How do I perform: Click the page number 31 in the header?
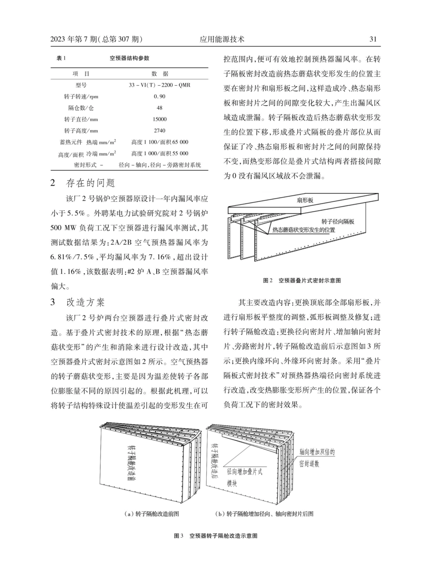372,39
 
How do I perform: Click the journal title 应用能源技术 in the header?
222,39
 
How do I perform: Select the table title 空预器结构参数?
130,58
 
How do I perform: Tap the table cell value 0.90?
160,96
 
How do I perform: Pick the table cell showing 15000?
160,119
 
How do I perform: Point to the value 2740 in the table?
160,131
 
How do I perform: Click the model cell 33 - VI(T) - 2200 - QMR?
160,85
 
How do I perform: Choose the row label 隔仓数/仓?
81,108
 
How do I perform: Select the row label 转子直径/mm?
81,119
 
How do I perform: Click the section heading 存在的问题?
91,183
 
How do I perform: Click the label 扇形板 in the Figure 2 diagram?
305,201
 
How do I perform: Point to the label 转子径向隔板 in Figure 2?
338,222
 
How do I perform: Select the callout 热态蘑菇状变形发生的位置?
304,230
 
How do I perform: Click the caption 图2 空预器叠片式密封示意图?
302,280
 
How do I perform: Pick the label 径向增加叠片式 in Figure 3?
244,472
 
